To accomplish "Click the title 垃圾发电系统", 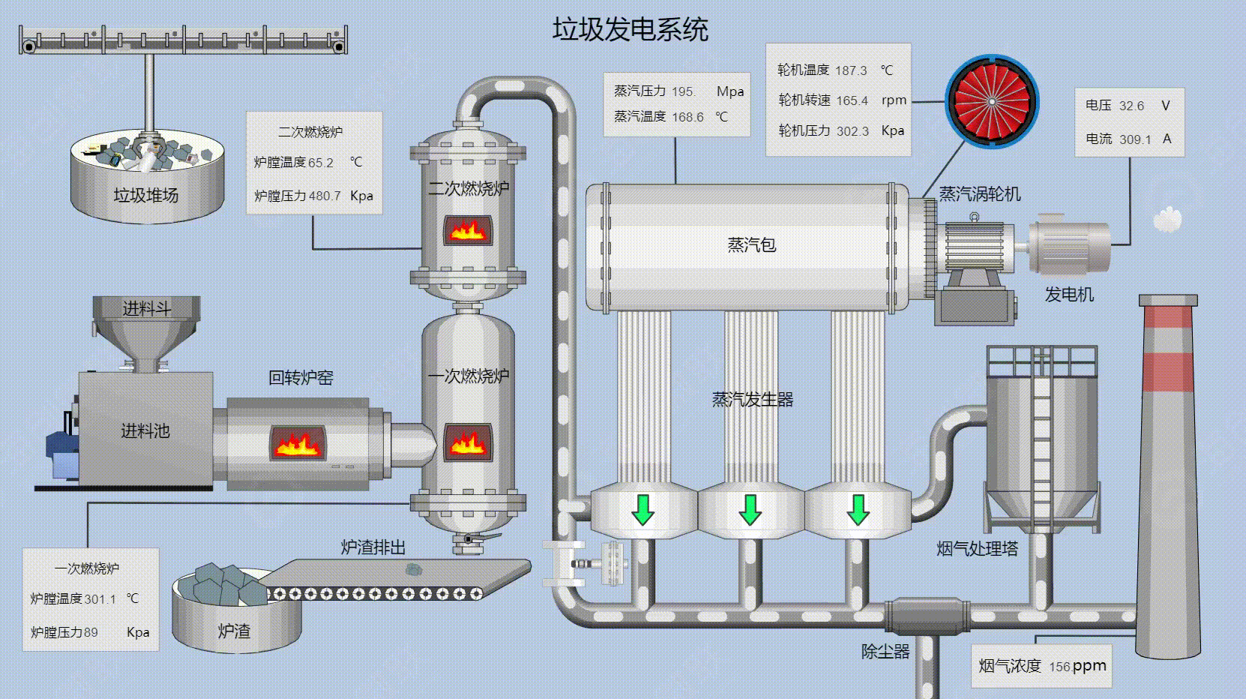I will click(x=630, y=30).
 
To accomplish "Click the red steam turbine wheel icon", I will click(x=991, y=101).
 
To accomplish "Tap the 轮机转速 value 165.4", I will click(x=852, y=100).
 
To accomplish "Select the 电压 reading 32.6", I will click(x=1131, y=106).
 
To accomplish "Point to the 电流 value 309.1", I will click(x=1135, y=139).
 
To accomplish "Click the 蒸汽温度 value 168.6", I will click(x=687, y=117).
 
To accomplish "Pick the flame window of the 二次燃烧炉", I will click(x=468, y=229).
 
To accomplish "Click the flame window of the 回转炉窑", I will click(x=298, y=443).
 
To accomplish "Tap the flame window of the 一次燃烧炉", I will click(x=468, y=442).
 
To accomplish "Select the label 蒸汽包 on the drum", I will click(x=751, y=245).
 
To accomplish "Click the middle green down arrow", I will click(x=750, y=510).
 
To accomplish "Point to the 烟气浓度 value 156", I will click(x=1059, y=667).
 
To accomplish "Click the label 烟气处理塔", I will click(x=977, y=549).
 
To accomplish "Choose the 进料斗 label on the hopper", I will click(x=146, y=309).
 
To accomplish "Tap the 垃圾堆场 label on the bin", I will click(x=145, y=196).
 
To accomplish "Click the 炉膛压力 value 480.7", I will click(x=324, y=196).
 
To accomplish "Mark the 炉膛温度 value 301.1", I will click(x=100, y=599).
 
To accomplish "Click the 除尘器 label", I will click(x=885, y=652).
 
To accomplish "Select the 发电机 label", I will click(x=1069, y=295).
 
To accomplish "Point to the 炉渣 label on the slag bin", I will click(x=234, y=631).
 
